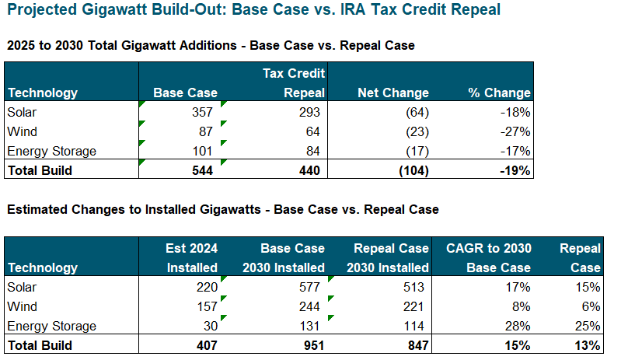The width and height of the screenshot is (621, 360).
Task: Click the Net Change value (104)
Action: [409, 170]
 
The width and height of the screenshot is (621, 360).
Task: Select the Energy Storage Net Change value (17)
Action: [413, 151]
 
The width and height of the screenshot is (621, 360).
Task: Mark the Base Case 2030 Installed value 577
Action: [309, 287]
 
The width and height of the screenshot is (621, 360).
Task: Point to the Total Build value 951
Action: [309, 345]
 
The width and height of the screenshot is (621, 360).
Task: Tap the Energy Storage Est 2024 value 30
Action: [208, 326]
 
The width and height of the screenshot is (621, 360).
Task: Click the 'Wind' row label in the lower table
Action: [22, 306]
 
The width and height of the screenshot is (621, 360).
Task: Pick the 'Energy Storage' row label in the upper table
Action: [51, 151]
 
